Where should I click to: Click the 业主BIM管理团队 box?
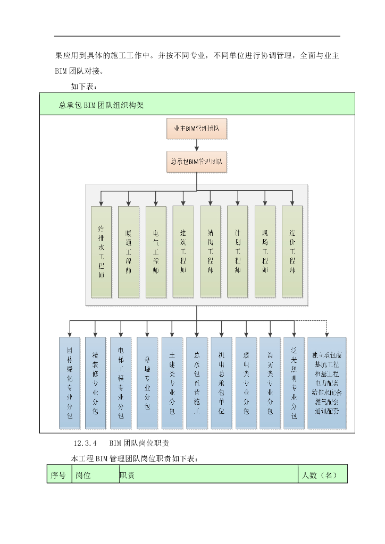[x=197, y=129]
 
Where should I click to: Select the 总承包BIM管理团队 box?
[x=197, y=161]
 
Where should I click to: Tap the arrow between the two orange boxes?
[x=197, y=144]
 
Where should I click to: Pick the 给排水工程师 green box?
[x=101, y=252]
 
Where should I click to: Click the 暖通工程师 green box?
[x=128, y=252]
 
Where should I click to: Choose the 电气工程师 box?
[x=156, y=252]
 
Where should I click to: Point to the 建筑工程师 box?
[x=183, y=251]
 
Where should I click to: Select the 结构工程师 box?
[x=210, y=251]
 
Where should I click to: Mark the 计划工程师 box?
[x=237, y=251]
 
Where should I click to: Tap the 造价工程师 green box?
[x=292, y=251]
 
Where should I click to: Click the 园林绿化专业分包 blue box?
[x=70, y=382]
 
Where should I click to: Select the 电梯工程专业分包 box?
[x=121, y=382]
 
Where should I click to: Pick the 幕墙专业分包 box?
[x=147, y=382]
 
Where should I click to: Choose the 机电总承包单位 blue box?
[x=221, y=382]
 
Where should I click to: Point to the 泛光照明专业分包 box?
[x=294, y=382]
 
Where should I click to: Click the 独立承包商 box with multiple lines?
[x=327, y=382]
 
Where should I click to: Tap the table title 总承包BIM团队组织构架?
[x=101, y=105]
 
